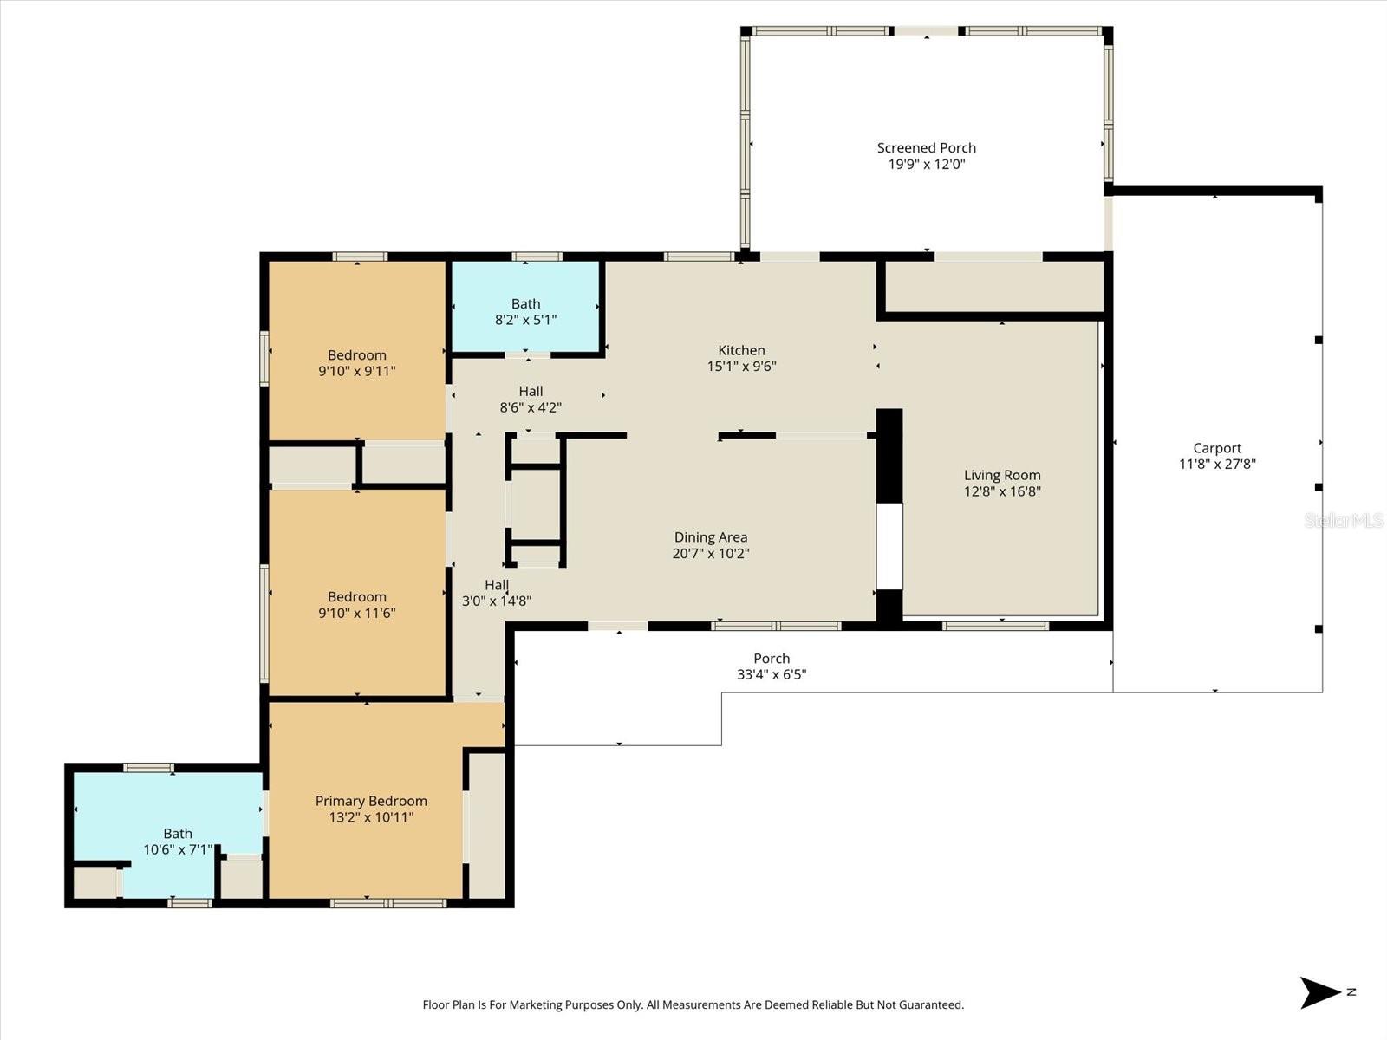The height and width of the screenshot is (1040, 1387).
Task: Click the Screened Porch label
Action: click(926, 148)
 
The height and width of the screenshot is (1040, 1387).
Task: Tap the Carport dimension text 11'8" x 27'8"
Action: click(1217, 464)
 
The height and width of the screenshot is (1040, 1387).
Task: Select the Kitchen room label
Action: click(741, 350)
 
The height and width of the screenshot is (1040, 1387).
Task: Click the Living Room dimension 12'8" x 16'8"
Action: click(1002, 491)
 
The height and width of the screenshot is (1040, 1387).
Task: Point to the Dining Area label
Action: click(710, 537)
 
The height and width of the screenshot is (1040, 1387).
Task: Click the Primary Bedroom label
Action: click(371, 801)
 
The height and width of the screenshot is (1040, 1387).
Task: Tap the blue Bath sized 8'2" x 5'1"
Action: click(525, 311)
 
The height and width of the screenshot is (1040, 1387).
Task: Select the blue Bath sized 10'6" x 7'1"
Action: click(177, 841)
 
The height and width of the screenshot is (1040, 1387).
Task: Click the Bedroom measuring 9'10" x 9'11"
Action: click(356, 362)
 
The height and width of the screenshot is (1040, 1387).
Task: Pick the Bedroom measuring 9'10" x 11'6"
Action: click(356, 604)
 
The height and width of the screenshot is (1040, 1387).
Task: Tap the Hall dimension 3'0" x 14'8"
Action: click(497, 601)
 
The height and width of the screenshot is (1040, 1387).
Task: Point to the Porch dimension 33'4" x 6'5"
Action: click(772, 674)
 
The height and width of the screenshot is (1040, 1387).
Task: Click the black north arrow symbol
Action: click(1319, 992)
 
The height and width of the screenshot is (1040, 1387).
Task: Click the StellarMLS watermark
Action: click(1343, 520)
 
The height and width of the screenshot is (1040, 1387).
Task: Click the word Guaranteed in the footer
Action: click(928, 1005)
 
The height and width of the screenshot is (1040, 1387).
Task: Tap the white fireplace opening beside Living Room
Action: click(889, 546)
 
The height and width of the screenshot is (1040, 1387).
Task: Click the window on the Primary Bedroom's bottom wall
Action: click(388, 903)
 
